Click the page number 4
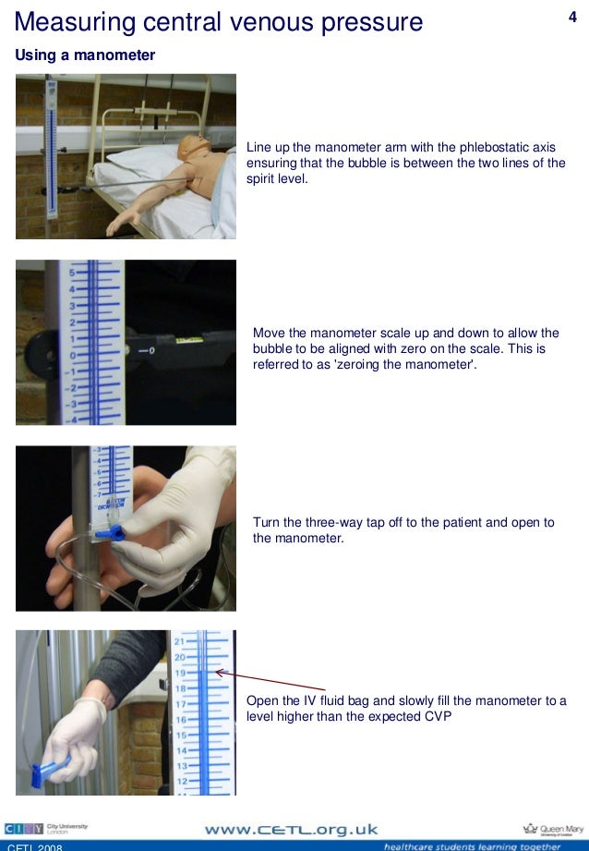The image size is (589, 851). click(x=572, y=17)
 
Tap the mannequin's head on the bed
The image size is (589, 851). click(x=195, y=147)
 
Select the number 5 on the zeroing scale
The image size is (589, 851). click(x=72, y=273)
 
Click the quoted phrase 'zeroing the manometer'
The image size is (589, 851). click(x=404, y=364)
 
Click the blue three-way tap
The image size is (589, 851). click(x=111, y=533)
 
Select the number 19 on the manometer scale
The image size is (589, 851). click(x=179, y=673)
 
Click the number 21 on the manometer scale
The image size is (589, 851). click(x=179, y=641)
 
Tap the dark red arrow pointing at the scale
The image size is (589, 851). click(x=270, y=681)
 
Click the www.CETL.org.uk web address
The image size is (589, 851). click(x=291, y=830)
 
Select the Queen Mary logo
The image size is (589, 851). click(x=553, y=830)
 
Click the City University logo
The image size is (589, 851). click(x=45, y=829)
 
